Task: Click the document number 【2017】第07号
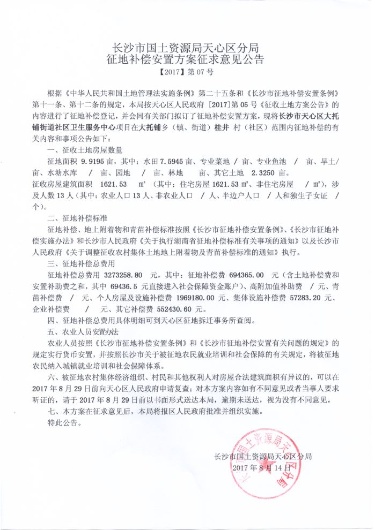pyautogui.click(x=187, y=71)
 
